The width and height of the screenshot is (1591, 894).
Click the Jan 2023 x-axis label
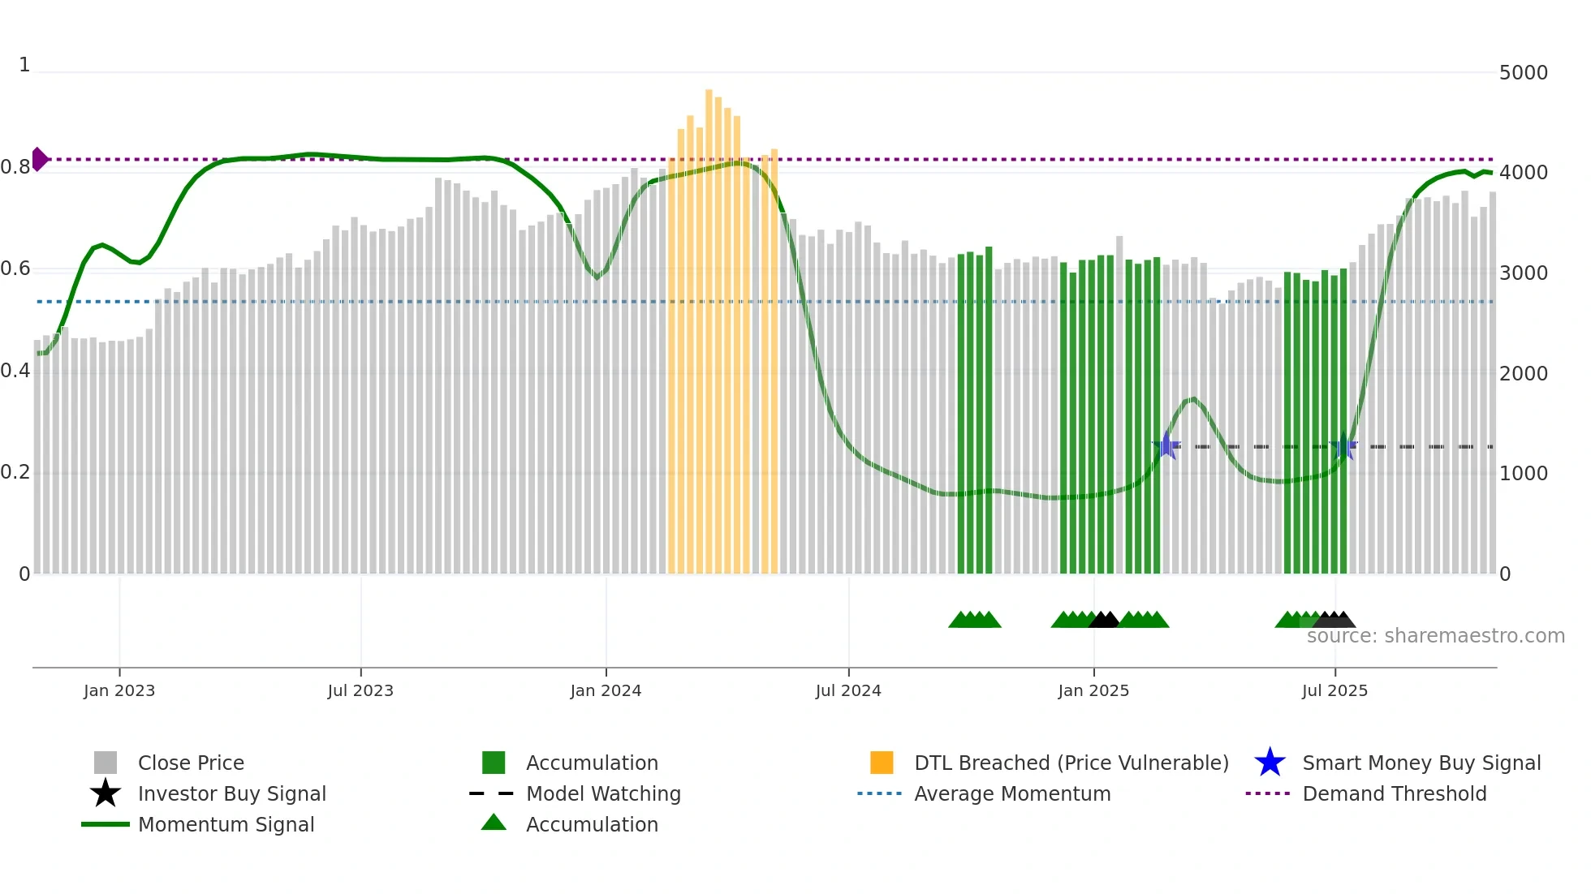pos(119,690)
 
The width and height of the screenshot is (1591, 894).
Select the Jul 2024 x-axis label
pos(848,690)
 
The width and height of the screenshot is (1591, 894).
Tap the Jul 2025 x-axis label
pos(1334,690)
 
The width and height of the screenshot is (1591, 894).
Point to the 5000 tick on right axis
pos(1523,73)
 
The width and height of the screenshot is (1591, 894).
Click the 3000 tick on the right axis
pos(1523,273)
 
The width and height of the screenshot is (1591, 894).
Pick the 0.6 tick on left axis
pos(15,269)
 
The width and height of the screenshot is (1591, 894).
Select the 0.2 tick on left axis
pos(15,472)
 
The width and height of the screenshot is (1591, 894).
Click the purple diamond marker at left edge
pos(39,159)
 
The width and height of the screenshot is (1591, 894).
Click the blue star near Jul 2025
pos(1344,446)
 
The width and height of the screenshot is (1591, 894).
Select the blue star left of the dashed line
pos(1166,445)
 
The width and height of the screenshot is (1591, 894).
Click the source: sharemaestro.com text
pos(1435,636)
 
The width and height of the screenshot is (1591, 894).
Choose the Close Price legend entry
pos(191,763)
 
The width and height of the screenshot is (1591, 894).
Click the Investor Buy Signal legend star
pos(106,793)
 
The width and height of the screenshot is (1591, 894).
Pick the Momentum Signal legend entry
pos(226,824)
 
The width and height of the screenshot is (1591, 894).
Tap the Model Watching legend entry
pos(602,793)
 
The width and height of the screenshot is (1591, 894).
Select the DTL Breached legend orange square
pos(882,763)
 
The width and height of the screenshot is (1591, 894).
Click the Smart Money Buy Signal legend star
pos(1270,763)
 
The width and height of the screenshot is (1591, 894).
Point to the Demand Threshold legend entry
pos(1394,793)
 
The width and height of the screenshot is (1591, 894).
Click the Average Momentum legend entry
pos(1011,793)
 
